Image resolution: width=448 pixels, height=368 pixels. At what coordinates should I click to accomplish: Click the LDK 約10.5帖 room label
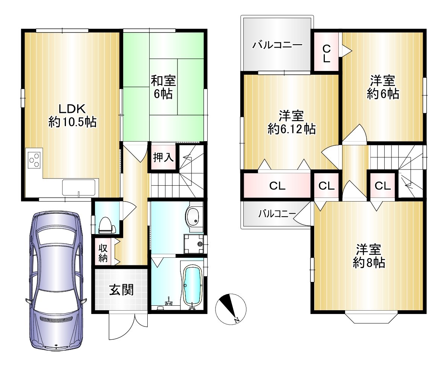coord(72,115)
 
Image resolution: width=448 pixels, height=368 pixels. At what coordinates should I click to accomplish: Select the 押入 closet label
coord(163,157)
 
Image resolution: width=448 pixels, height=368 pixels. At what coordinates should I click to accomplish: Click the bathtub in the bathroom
coord(192,286)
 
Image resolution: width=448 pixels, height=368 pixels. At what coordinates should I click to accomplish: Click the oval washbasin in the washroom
coord(194,217)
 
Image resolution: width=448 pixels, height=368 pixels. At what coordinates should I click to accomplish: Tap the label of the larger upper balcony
coord(277,45)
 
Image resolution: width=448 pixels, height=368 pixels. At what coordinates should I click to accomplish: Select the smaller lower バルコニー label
coord(277,214)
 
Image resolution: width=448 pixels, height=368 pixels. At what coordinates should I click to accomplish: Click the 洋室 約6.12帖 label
coord(292,122)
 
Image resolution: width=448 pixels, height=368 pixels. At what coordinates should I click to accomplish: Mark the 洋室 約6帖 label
coord(383,87)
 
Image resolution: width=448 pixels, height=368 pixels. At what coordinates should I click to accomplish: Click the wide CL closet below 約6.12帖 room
coord(277,186)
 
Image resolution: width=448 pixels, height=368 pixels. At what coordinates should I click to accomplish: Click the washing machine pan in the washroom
coord(194,244)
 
